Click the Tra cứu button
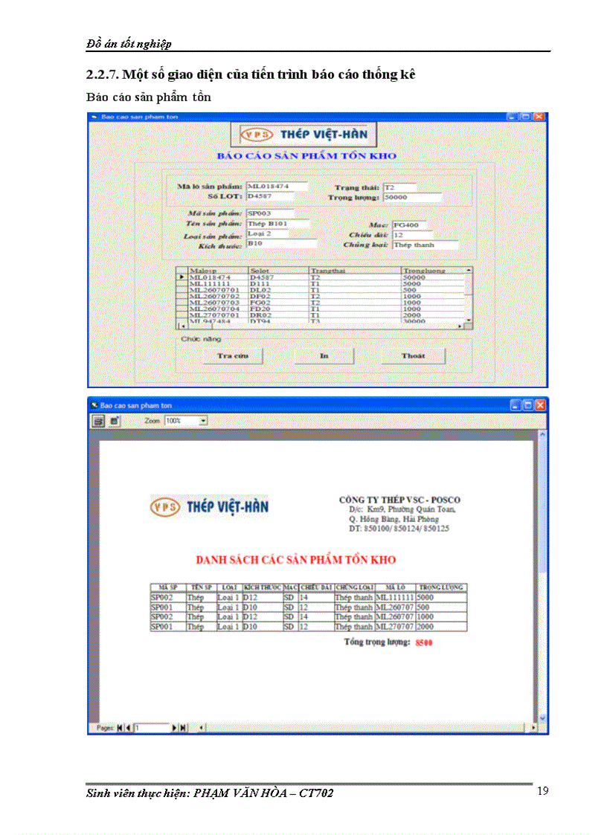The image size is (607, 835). point(232,356)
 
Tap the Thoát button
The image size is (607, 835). point(413,356)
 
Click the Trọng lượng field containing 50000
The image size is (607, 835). point(417,198)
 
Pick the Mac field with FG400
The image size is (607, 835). point(412,224)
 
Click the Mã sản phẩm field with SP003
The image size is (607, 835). point(271,213)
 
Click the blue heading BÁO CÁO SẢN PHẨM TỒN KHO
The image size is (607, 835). point(306,156)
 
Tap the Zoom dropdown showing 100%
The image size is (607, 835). point(186,421)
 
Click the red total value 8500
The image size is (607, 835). point(424,642)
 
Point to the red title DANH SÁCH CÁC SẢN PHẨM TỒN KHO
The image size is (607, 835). point(295,560)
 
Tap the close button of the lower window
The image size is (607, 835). point(540,405)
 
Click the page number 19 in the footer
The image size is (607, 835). point(542,790)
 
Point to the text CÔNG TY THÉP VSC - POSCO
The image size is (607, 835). point(399,500)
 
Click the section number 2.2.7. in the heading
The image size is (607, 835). point(103,74)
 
